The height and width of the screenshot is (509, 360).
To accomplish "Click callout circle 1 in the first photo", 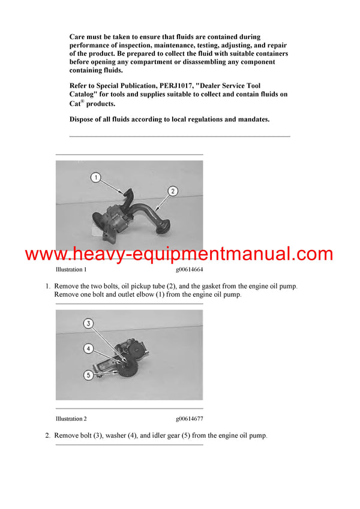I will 96,177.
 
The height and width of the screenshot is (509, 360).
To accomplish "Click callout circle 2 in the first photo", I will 172,191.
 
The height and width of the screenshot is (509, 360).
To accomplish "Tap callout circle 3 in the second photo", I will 88,324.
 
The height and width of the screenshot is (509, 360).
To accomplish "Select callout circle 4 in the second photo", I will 88,348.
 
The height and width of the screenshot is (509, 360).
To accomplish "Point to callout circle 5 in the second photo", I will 88,375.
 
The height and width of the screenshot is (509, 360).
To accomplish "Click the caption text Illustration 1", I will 71,270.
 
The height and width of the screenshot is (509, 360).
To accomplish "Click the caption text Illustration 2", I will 71,418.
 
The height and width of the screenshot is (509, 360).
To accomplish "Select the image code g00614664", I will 189,270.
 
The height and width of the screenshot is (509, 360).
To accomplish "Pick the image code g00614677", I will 189,418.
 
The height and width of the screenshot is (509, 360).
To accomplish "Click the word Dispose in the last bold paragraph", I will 83,119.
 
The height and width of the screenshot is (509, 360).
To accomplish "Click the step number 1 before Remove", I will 48,287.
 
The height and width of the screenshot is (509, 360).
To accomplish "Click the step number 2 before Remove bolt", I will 48,435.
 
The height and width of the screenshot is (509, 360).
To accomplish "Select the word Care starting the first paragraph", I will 78,37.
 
